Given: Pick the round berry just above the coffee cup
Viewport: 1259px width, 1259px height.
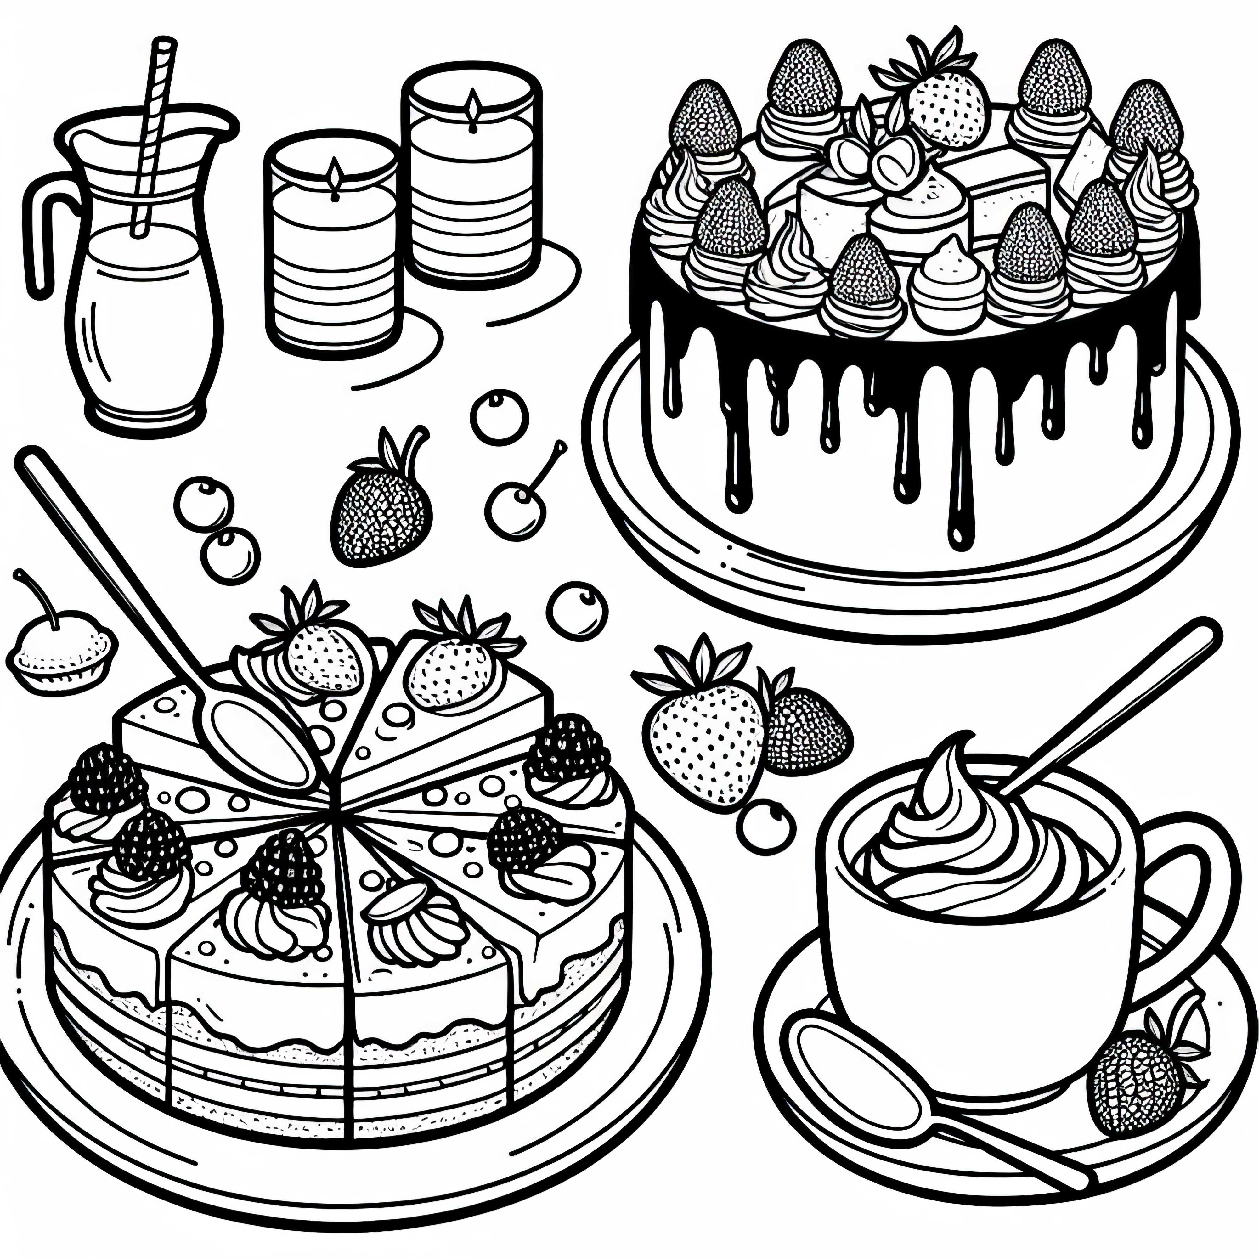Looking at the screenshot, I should point(768,826).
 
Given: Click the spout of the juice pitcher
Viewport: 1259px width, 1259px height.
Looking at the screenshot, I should point(222,124).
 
